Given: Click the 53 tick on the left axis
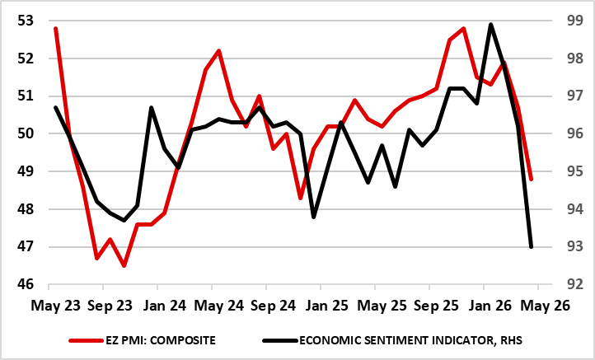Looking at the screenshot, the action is [x=26, y=21].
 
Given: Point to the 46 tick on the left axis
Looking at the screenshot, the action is [x=26, y=284].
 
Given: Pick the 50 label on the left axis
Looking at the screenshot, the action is [x=26, y=134].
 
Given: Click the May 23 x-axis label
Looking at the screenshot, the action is [x=56, y=306].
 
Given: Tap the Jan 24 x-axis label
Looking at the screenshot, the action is [x=165, y=306].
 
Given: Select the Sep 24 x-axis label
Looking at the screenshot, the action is [x=274, y=306].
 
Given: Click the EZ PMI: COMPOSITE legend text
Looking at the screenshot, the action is [x=161, y=340].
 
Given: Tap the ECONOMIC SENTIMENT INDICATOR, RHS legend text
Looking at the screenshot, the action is [x=410, y=340].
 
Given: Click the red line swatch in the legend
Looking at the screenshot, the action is [x=87, y=340].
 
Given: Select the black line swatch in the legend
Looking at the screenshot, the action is [x=280, y=340].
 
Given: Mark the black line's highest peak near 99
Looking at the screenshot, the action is [x=490, y=25].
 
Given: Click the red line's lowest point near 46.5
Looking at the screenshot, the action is [x=124, y=265].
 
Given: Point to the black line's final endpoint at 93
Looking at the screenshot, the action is [x=531, y=246].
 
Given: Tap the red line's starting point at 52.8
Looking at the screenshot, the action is [x=56, y=29].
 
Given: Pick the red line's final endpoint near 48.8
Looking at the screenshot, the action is [x=531, y=179].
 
